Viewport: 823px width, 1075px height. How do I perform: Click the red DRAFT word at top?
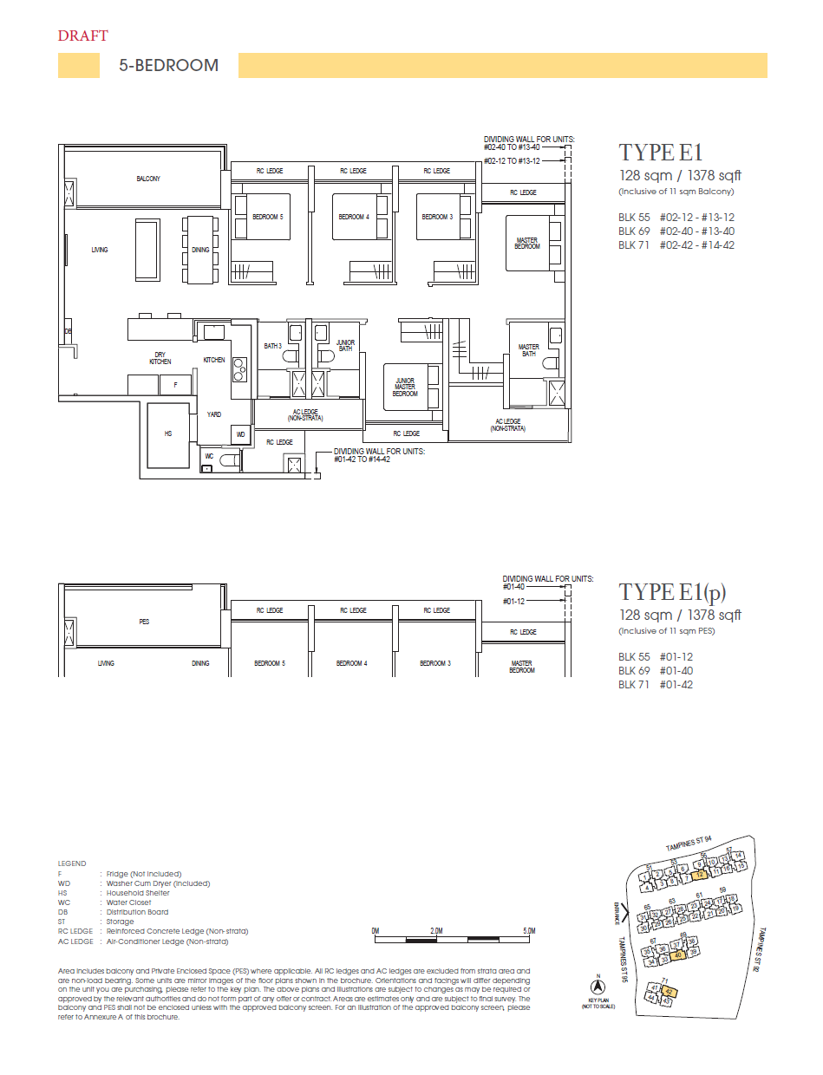point(82,36)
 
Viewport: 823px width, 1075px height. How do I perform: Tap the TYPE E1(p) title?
point(672,592)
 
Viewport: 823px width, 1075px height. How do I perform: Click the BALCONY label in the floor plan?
point(147,179)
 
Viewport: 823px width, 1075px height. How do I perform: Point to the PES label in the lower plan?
point(144,622)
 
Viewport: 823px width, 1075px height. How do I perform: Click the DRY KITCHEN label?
point(160,358)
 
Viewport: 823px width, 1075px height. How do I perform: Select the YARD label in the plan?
point(213,414)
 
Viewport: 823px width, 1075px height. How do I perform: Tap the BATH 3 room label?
point(272,346)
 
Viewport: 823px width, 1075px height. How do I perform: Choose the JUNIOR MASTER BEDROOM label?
point(405,387)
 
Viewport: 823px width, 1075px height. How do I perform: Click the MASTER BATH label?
point(528,351)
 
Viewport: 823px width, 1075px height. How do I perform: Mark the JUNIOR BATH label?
point(345,346)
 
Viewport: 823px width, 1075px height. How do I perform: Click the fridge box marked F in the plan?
point(175,384)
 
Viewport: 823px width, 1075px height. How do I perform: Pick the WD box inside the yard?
point(240,434)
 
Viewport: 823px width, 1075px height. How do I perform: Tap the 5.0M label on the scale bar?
point(529,931)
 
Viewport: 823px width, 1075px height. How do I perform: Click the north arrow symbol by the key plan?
point(597,986)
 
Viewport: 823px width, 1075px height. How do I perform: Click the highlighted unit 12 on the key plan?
point(698,876)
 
